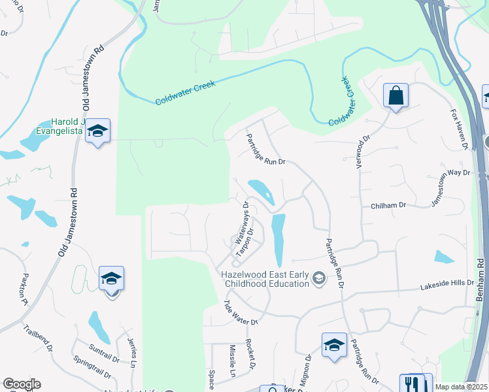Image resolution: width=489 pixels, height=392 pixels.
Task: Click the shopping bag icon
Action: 396,96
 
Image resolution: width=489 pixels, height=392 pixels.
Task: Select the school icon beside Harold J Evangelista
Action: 97,131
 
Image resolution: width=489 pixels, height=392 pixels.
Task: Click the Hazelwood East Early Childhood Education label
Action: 265,279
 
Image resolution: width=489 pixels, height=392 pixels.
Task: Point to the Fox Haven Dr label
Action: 460,129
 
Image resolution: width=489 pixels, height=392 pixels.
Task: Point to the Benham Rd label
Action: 481,280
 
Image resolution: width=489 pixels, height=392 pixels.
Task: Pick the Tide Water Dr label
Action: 241,313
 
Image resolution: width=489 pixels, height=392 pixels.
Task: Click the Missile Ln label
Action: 232,361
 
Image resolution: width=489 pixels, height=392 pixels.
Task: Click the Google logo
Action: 22,384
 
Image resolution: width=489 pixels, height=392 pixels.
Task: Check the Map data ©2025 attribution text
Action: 461,387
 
